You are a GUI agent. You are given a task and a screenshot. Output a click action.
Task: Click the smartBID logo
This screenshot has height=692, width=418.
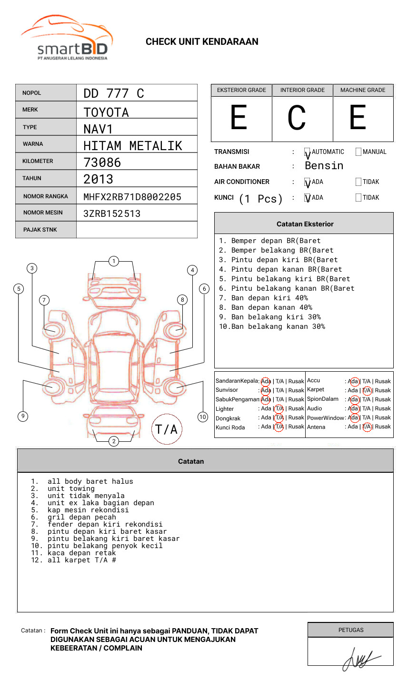click(67, 38)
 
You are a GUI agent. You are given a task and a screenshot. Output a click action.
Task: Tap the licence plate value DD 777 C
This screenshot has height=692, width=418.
click(113, 93)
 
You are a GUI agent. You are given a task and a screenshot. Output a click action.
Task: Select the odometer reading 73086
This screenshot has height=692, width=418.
click(102, 163)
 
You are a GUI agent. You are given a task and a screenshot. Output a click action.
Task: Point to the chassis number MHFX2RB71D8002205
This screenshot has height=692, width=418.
click(132, 197)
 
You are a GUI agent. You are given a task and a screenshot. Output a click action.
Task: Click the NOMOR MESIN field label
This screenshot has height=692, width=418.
click(43, 213)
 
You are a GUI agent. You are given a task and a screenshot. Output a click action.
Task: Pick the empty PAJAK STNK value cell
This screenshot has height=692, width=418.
click(137, 230)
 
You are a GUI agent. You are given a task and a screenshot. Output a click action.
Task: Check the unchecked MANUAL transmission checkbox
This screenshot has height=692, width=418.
click(358, 152)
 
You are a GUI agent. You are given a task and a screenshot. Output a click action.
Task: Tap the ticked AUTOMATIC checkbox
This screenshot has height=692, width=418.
click(307, 153)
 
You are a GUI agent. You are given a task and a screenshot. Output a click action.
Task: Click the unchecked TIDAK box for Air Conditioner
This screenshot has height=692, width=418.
click(358, 182)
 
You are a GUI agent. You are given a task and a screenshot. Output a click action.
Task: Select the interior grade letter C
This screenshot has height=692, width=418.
click(297, 118)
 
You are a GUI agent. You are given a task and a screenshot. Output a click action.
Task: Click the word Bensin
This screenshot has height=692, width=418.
click(324, 166)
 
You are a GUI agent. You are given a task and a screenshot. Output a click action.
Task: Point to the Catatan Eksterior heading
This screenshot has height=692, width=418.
click(305, 224)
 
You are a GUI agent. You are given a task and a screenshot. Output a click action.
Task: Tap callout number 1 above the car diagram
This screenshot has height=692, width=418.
click(113, 261)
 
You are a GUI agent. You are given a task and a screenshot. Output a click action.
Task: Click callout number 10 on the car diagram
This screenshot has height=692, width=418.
click(203, 417)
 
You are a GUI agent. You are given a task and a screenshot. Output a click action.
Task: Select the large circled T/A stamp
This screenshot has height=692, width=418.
click(167, 429)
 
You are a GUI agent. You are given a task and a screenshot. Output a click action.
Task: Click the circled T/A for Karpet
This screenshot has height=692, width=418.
click(367, 390)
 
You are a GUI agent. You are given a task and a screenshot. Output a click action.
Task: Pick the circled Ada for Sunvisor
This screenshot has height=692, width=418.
click(266, 390)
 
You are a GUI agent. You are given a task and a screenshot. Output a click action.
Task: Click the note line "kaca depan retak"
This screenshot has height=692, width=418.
click(81, 553)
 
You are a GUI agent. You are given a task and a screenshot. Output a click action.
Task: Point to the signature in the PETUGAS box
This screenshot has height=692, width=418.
click(359, 658)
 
